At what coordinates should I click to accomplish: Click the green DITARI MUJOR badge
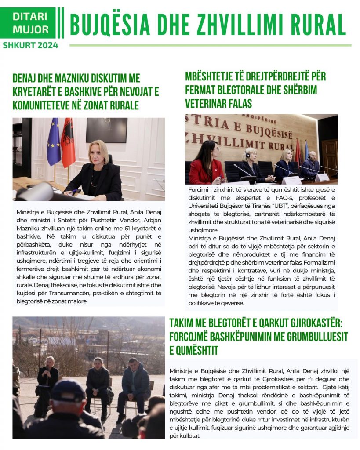30,23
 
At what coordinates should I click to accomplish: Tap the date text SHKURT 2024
30,45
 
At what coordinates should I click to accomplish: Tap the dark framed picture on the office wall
106,130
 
